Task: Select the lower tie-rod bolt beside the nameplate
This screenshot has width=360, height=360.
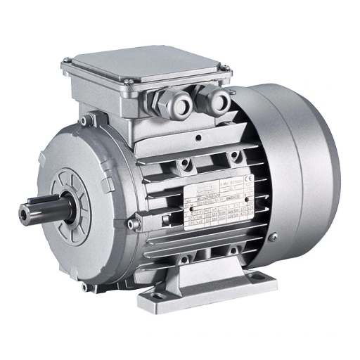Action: [139, 224]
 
